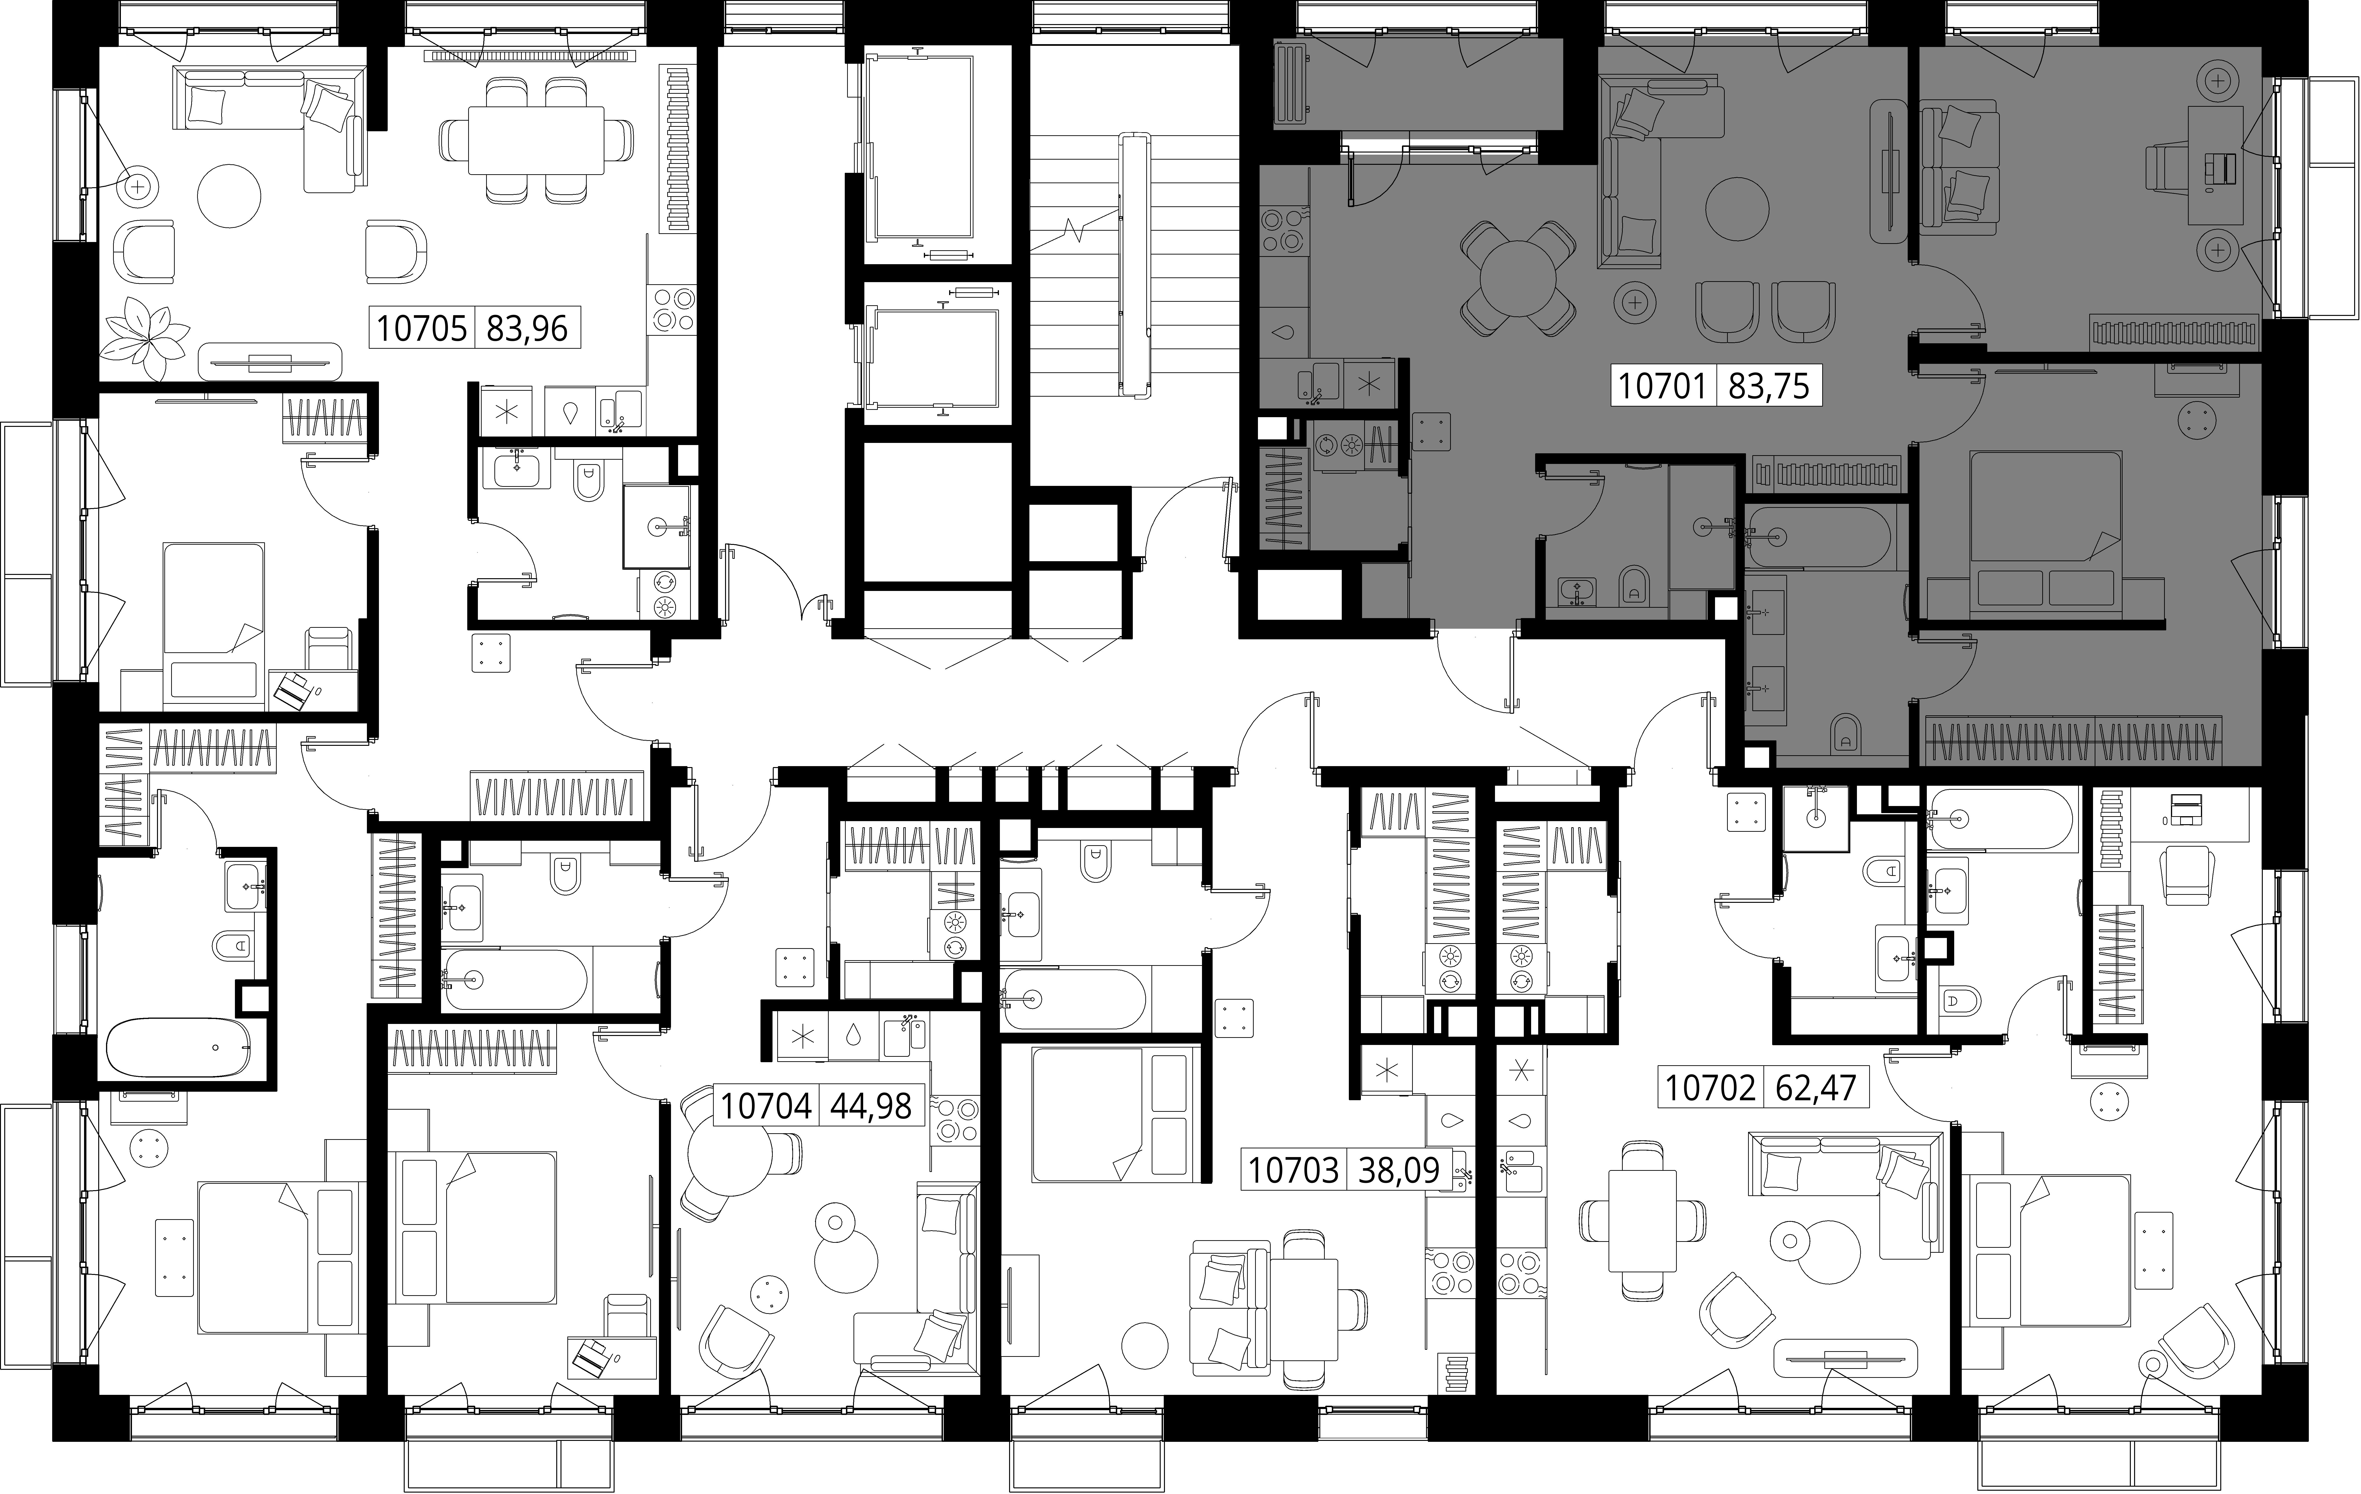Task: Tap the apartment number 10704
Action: [766, 1106]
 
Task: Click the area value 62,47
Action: [1816, 1088]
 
